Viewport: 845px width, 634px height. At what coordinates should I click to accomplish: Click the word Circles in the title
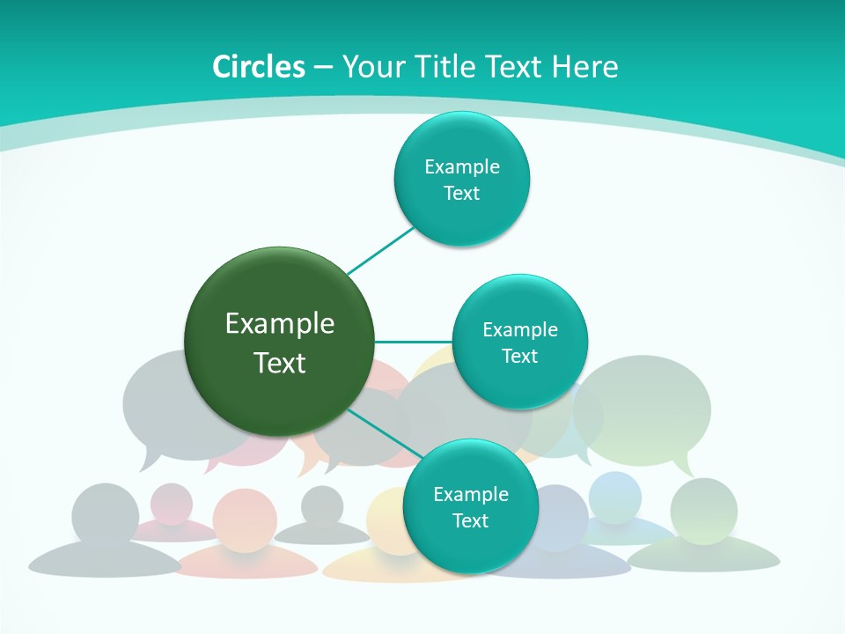[x=259, y=67]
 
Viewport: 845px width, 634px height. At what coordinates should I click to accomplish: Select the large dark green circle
[x=279, y=342]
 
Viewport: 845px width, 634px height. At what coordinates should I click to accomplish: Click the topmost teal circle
[x=462, y=179]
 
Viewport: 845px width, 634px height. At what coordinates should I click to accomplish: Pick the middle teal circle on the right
[x=520, y=342]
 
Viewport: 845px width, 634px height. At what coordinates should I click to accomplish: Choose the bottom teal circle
[x=470, y=506]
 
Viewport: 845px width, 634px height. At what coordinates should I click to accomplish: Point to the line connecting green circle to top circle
[x=380, y=250]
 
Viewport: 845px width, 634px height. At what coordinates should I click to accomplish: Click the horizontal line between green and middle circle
[x=414, y=342]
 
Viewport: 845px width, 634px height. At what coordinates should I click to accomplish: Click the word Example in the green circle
[x=279, y=323]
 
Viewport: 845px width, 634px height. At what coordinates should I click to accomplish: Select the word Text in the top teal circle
[x=462, y=194]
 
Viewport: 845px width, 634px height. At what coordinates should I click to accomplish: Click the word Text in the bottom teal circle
[x=470, y=521]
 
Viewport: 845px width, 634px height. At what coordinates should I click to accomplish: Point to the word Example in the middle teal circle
[x=520, y=329]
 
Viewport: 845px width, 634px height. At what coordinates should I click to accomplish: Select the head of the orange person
[x=245, y=519]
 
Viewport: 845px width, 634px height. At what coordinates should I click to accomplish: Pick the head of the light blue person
[x=615, y=496]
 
